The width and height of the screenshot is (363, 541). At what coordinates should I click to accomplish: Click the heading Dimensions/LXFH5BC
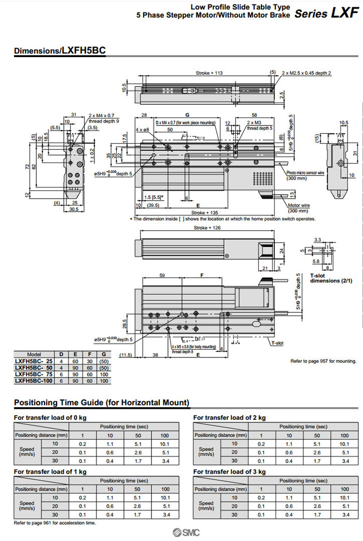[x=60, y=51]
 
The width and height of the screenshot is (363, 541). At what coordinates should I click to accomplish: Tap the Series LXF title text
[x=326, y=14]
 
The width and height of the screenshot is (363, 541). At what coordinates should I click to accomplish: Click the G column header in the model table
[x=105, y=354]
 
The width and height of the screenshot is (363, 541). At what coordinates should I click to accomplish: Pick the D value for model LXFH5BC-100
[x=61, y=380]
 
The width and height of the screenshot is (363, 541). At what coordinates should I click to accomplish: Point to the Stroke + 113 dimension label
[x=209, y=73]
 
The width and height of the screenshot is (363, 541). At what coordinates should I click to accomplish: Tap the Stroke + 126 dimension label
[x=207, y=228]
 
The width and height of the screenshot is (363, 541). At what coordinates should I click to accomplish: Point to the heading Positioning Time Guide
[x=102, y=403]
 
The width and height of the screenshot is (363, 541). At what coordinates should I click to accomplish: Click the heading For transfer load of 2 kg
[x=229, y=418]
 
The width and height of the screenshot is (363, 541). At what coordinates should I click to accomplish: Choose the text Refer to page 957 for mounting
[x=322, y=360]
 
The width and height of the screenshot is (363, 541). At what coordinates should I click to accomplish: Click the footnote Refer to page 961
[x=55, y=523]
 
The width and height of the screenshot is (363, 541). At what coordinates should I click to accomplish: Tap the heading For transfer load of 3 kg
[x=229, y=471]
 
